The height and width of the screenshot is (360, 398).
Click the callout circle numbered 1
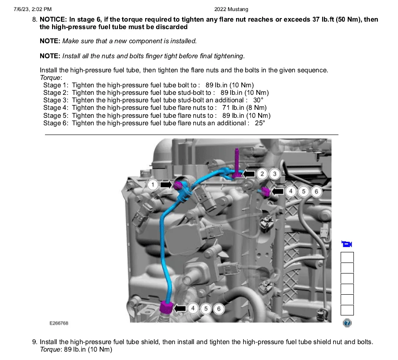[153, 184]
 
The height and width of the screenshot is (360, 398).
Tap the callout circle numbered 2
[262, 174]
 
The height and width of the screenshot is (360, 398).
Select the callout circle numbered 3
[274, 174]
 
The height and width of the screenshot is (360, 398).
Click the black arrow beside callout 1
[166, 184]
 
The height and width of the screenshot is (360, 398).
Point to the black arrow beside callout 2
[249, 174]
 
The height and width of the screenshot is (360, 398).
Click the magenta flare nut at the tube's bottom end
[166, 307]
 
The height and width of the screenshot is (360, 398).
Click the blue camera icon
[347, 244]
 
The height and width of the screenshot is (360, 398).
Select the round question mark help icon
[347, 323]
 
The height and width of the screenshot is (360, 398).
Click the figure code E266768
[59, 323]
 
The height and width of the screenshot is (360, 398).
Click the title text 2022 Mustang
[231, 9]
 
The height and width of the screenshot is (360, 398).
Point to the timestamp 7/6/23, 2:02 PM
[33, 9]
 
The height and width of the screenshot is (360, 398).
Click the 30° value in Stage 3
[258, 100]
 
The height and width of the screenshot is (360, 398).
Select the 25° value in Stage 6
[260, 123]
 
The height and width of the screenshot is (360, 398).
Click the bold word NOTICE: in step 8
[53, 19]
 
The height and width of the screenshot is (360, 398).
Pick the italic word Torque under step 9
[50, 349]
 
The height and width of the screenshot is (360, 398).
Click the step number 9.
[35, 342]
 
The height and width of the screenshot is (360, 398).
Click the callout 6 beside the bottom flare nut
[219, 309]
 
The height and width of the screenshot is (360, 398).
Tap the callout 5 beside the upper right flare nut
[304, 191]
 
